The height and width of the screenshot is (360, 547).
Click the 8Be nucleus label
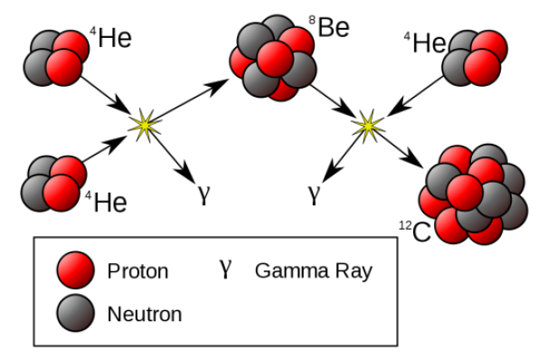(331, 29)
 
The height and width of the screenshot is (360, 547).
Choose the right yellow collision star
(367, 124)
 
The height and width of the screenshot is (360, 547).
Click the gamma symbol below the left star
(203, 192)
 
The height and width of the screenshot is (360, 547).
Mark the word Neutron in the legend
(145, 315)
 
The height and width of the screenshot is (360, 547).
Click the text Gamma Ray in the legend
(313, 270)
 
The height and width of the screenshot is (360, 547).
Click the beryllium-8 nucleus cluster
(273, 58)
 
